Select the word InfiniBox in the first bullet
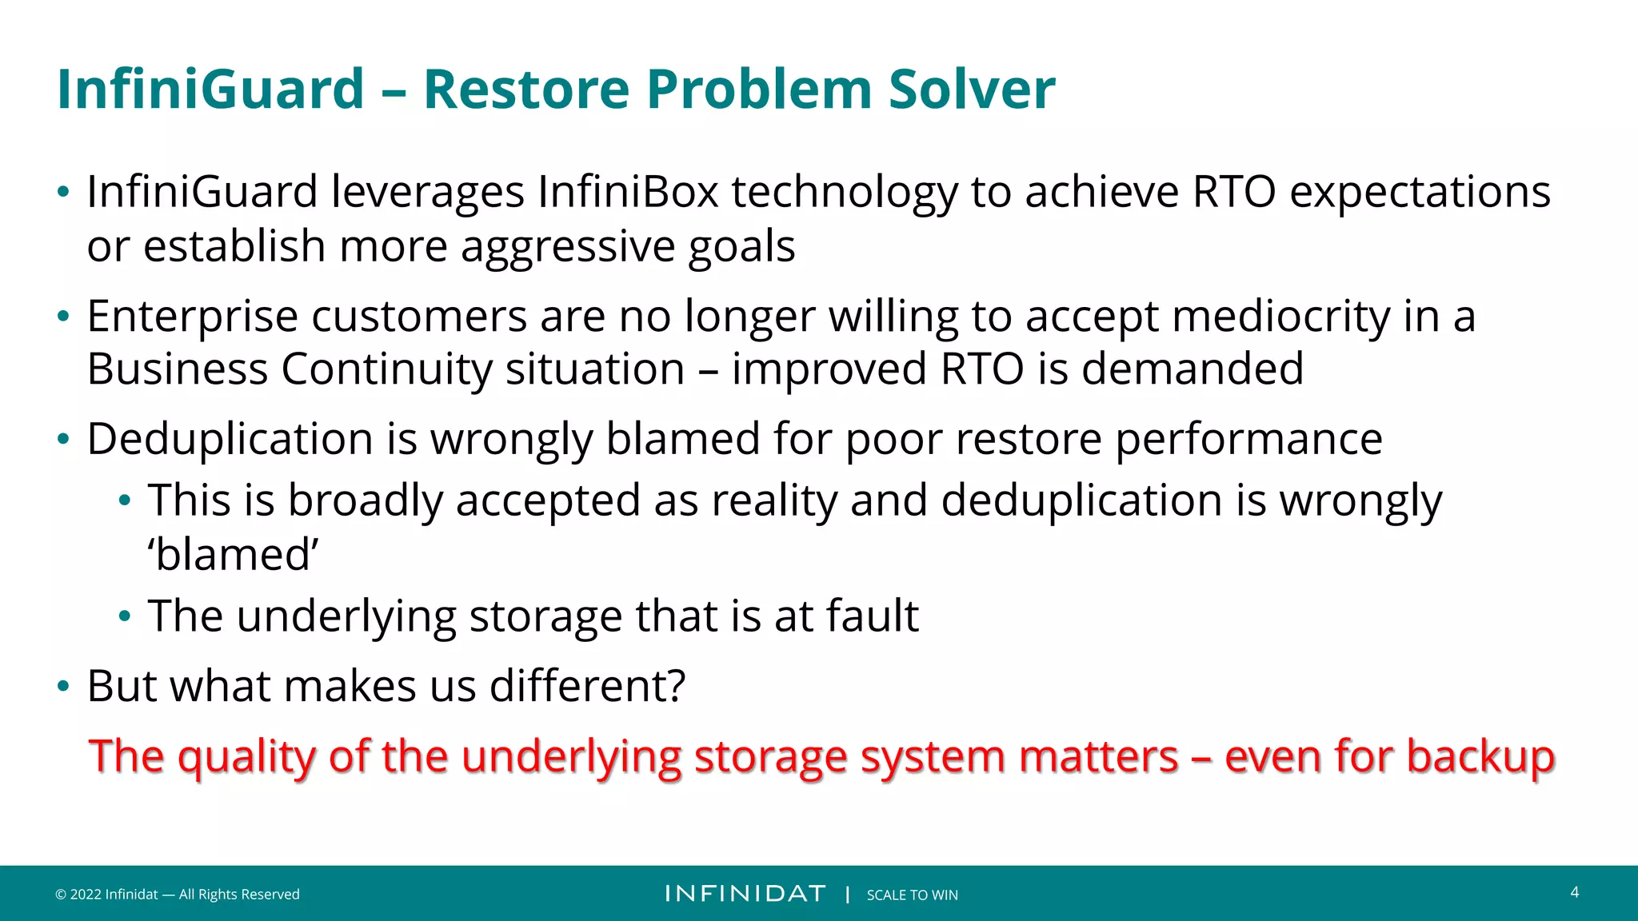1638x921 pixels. [x=628, y=193]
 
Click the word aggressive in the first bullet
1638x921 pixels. [x=568, y=246]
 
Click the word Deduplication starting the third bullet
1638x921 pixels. [x=230, y=440]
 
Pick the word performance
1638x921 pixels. [x=1248, y=440]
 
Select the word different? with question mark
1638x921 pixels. [x=587, y=686]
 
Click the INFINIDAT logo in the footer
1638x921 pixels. [x=745, y=894]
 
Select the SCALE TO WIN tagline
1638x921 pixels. [x=912, y=895]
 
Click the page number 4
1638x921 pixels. [x=1574, y=892]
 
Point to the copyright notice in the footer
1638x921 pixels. [x=177, y=895]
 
